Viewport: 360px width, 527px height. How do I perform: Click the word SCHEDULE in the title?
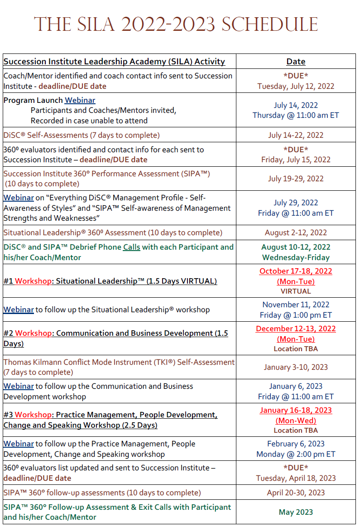pyautogui.click(x=269, y=24)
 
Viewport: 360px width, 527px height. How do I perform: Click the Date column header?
pyautogui.click(x=296, y=62)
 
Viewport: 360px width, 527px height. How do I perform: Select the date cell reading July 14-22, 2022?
pyautogui.click(x=296, y=135)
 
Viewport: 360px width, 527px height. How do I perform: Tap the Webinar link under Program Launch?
pyautogui.click(x=80, y=100)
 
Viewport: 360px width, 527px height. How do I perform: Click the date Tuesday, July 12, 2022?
pyautogui.click(x=296, y=86)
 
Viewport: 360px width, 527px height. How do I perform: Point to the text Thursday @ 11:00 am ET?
pyautogui.click(x=296, y=115)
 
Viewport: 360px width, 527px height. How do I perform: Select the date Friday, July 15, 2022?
pyautogui.click(x=296, y=160)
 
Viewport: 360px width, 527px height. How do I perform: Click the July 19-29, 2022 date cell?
pyautogui.click(x=296, y=179)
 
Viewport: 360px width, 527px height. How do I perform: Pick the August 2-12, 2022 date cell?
pyautogui.click(x=296, y=232)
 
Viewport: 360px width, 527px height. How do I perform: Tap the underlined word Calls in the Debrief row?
pyautogui.click(x=131, y=247)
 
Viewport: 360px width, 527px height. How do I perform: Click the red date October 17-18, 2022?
pyautogui.click(x=296, y=271)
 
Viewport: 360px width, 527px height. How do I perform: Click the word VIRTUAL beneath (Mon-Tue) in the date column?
pyautogui.click(x=296, y=291)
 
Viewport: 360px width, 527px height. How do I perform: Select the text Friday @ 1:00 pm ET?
pyautogui.click(x=296, y=315)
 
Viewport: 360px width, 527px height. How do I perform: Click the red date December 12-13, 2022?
pyautogui.click(x=296, y=329)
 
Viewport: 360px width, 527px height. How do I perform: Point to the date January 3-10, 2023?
pyautogui.click(x=296, y=367)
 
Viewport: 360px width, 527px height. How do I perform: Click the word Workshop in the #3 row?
pyautogui.click(x=33, y=415)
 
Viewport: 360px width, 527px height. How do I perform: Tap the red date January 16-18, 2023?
pyautogui.click(x=296, y=410)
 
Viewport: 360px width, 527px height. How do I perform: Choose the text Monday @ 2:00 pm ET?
pyautogui.click(x=296, y=454)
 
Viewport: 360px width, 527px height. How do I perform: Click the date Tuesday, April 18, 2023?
pyautogui.click(x=296, y=478)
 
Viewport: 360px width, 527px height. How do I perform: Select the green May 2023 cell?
pyautogui.click(x=296, y=512)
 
